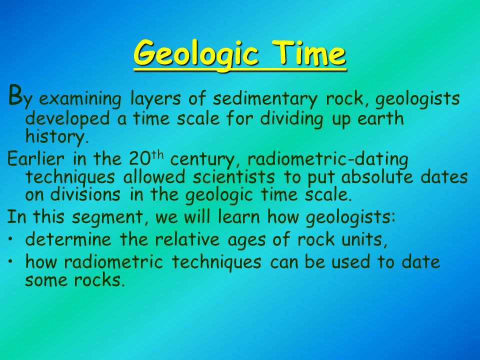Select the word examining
(x=80, y=99)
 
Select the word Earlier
(x=36, y=158)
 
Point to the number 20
(x=140, y=159)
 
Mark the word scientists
(x=234, y=177)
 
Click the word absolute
(x=377, y=176)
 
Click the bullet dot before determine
(x=10, y=239)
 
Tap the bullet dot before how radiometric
(x=10, y=261)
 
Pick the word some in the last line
(x=46, y=280)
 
